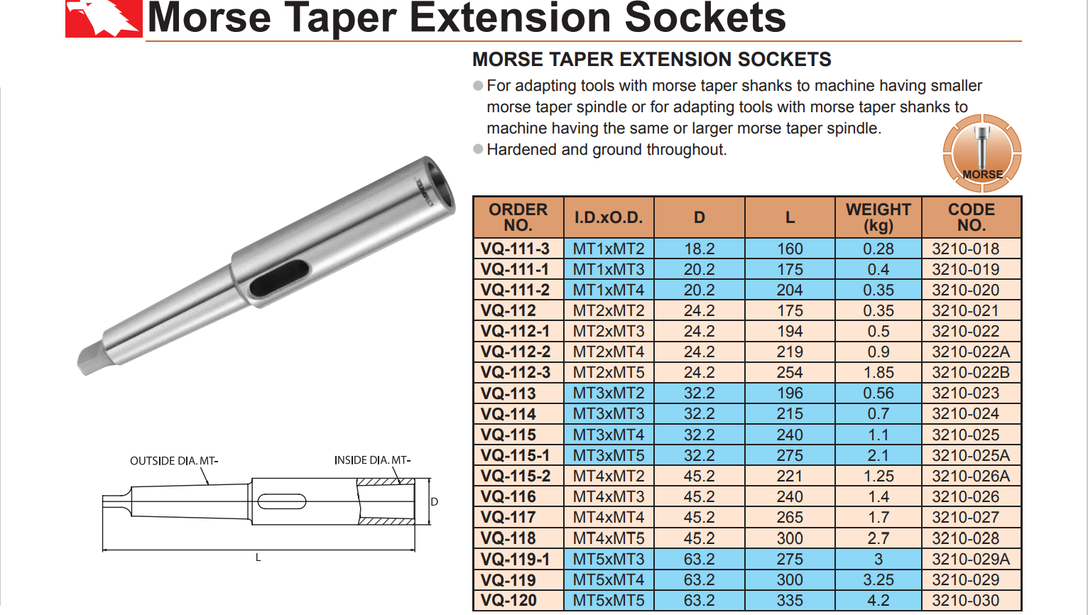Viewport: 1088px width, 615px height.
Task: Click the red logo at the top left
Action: pyautogui.click(x=104, y=18)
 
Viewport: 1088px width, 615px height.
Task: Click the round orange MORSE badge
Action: pyautogui.click(x=982, y=153)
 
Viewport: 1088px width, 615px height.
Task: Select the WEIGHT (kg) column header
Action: pyautogui.click(x=878, y=217)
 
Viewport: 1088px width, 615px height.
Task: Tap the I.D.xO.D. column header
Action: pyautogui.click(x=609, y=217)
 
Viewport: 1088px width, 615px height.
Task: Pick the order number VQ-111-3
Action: pyautogui.click(x=515, y=249)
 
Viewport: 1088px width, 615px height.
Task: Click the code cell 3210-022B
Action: pyautogui.click(x=970, y=373)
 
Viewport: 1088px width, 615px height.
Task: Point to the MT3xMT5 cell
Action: pyautogui.click(x=609, y=455)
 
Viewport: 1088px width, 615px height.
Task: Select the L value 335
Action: pyautogui.click(x=790, y=600)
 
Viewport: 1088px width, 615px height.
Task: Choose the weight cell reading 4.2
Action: pyautogui.click(x=878, y=600)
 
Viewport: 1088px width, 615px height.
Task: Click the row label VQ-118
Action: pyautogui.click(x=508, y=538)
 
